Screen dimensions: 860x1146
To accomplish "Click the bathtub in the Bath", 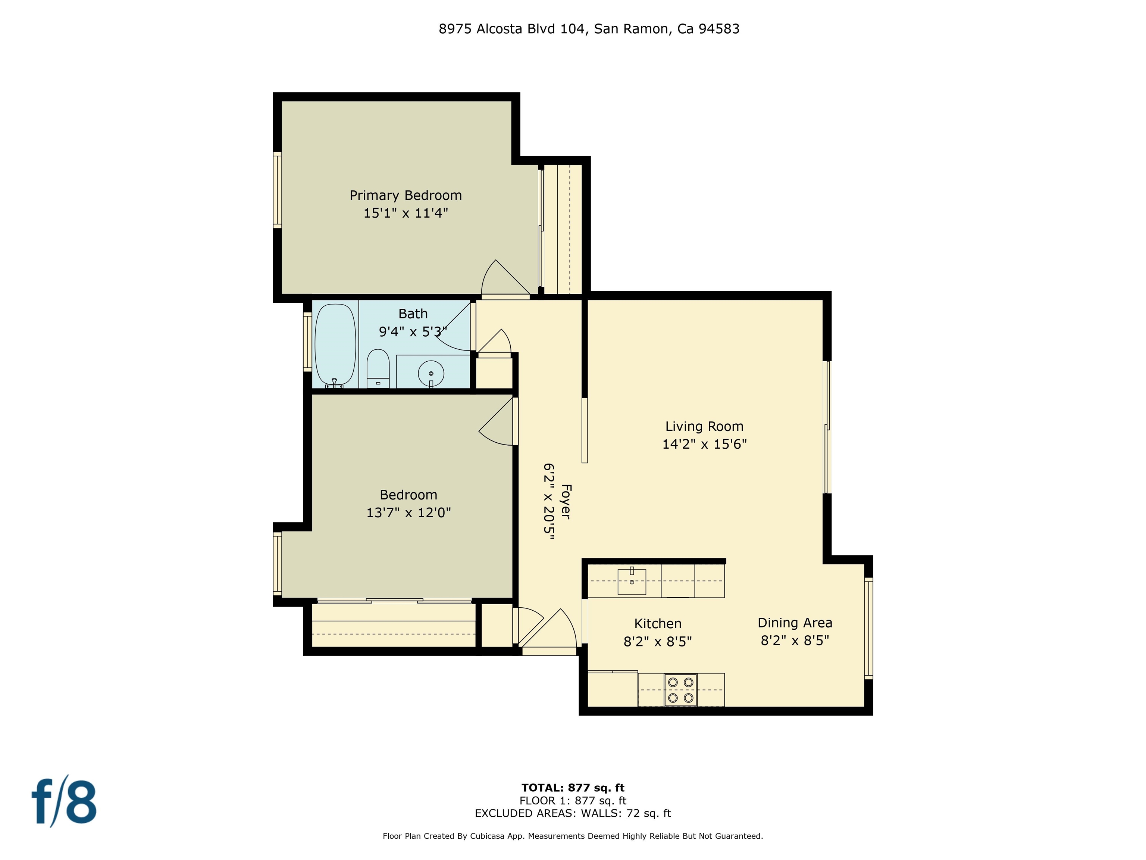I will (x=336, y=344).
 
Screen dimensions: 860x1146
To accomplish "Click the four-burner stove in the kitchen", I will (x=680, y=690).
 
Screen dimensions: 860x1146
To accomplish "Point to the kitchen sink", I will (x=632, y=581).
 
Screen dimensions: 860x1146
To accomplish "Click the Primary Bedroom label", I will (x=406, y=196).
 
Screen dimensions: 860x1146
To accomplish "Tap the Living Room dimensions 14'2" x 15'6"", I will (x=704, y=444).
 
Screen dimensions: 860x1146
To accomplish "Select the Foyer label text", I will (x=566, y=501).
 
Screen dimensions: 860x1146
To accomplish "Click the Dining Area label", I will (x=795, y=623).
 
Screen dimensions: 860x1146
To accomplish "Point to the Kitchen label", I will (x=657, y=624).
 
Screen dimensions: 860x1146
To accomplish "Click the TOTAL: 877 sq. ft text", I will (x=573, y=788).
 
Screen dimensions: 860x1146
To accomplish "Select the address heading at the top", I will (x=589, y=29).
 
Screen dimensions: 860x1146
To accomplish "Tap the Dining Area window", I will (x=869, y=628).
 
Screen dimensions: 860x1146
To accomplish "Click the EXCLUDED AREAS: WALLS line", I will (x=573, y=813).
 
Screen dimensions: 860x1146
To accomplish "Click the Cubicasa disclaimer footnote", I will (x=573, y=836).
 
